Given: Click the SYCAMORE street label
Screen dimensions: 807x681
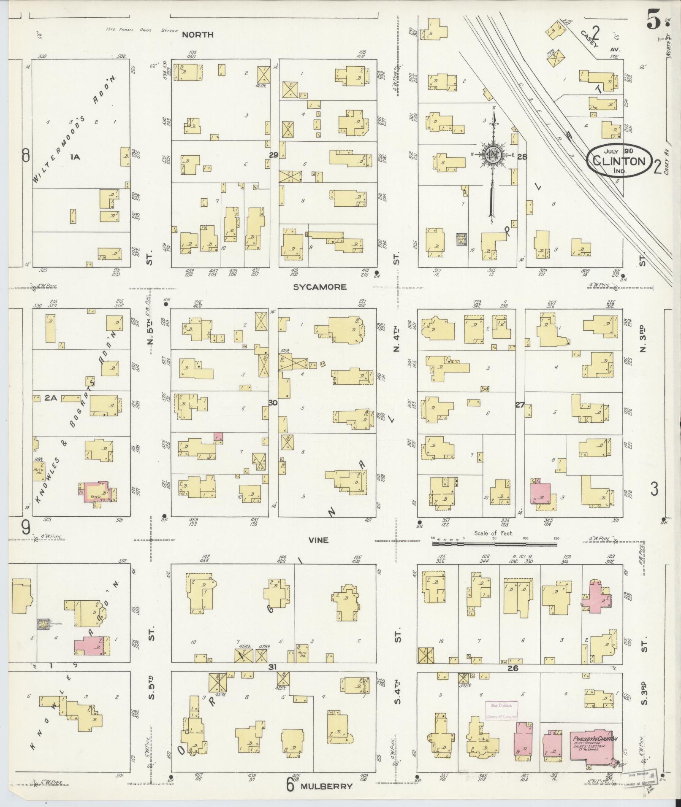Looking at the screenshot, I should (320, 287).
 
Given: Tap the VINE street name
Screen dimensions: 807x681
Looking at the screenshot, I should (318, 540).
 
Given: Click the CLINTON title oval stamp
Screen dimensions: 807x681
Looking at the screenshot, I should (619, 160).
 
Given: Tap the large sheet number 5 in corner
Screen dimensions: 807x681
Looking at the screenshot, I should (653, 21).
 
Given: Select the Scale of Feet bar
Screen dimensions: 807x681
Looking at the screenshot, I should (494, 543).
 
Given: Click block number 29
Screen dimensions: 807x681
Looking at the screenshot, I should (274, 155).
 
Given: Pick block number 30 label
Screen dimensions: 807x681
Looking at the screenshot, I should (273, 403).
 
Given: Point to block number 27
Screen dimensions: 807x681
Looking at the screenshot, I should (520, 405).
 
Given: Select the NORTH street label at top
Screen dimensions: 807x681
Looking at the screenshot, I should (198, 35).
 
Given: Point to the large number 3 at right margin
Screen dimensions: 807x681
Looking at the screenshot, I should (654, 489).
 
